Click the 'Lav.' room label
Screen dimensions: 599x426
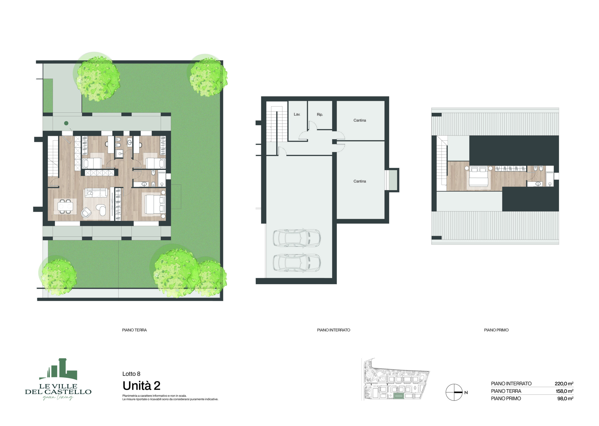click(297, 114)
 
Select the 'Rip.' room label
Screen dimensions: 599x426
click(320, 115)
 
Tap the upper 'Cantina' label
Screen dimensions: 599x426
click(359, 120)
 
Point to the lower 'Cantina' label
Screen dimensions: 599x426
click(359, 181)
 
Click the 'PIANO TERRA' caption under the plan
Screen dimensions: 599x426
click(134, 330)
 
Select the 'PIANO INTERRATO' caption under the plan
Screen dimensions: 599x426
click(333, 330)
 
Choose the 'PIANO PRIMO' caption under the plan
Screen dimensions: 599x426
click(496, 330)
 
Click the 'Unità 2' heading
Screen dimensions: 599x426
click(141, 386)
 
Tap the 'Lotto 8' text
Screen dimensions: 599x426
click(131, 374)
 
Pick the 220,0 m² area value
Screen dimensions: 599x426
click(564, 383)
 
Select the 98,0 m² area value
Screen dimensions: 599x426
click(565, 398)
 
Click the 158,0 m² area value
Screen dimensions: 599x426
click(564, 391)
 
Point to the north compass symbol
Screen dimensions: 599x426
click(454, 392)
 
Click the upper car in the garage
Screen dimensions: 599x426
click(296, 238)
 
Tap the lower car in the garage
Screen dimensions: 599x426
click(296, 262)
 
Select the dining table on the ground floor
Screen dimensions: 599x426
click(65, 206)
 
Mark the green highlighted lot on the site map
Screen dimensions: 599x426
click(398, 396)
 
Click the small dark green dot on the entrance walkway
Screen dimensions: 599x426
click(66, 123)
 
